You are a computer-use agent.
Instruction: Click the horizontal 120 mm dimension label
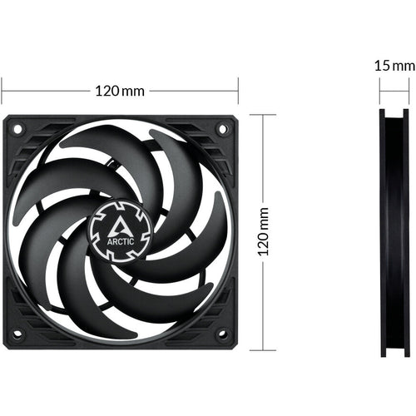click(120, 89)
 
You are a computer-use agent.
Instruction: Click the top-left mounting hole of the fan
click(17, 130)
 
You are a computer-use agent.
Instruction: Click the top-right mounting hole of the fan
click(222, 130)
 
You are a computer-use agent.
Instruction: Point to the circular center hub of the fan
click(121, 227)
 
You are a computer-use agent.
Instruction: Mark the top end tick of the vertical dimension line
click(263, 115)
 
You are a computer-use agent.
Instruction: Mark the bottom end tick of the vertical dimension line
click(263, 349)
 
